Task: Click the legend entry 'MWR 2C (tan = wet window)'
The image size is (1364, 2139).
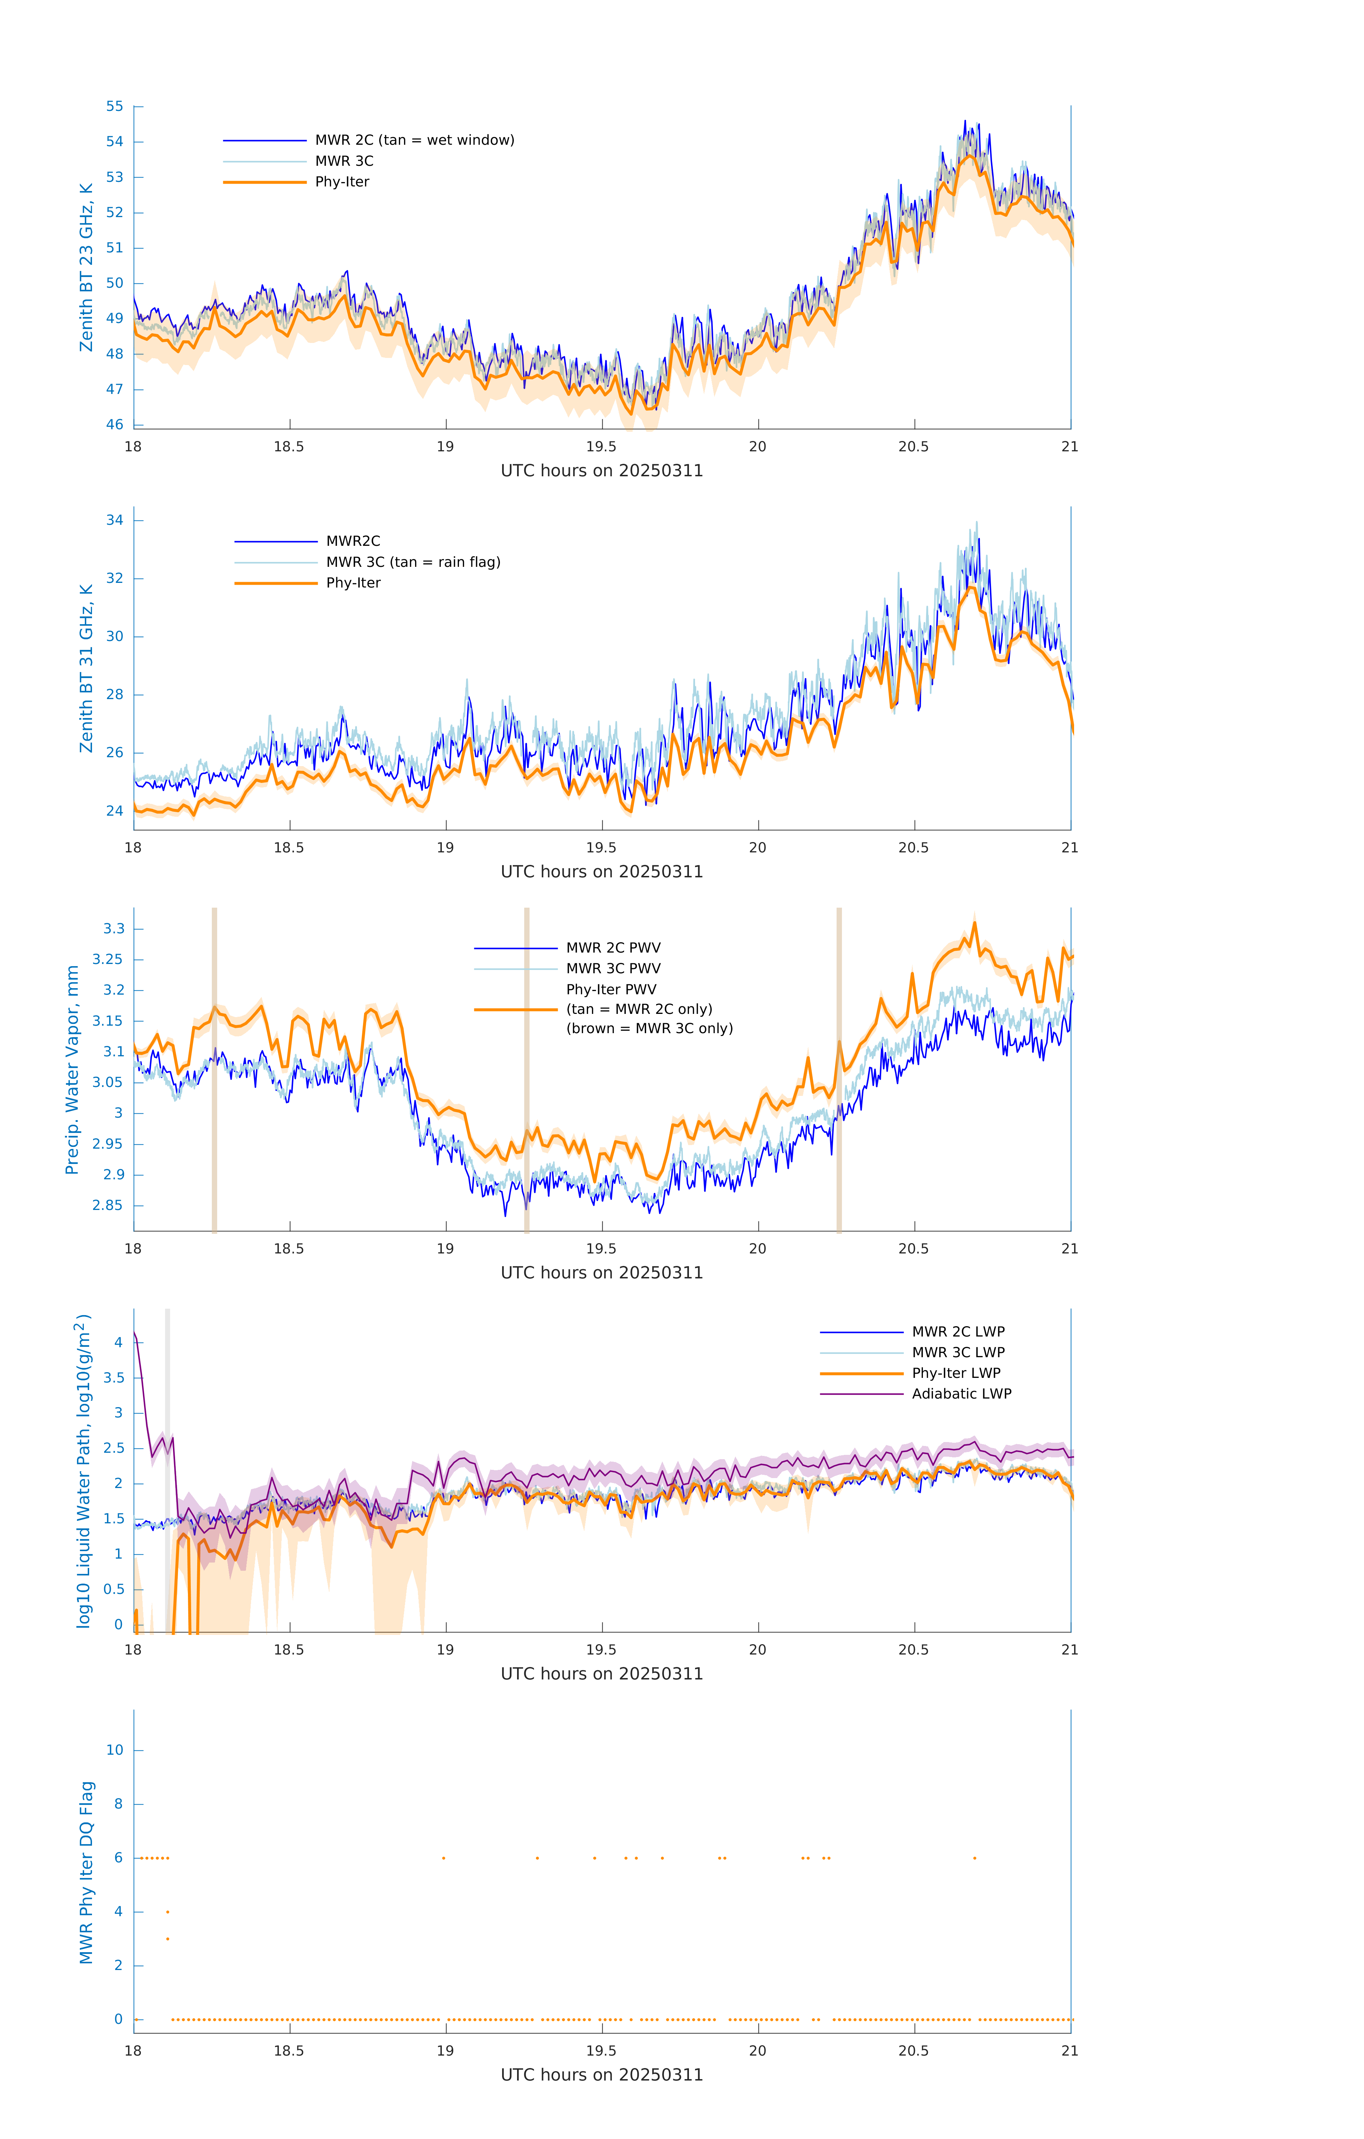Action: click(414, 140)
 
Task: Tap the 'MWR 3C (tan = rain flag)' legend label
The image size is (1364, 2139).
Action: click(413, 562)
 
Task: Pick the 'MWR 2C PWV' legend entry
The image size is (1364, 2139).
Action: click(613, 948)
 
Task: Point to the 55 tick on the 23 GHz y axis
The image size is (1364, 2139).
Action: click(114, 107)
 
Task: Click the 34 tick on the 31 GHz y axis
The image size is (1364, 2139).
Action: click(114, 520)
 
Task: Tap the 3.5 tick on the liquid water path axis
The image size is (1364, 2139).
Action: click(114, 1378)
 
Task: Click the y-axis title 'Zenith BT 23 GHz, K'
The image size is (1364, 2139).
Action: click(86, 267)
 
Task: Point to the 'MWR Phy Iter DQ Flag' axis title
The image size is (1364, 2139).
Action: click(86, 1872)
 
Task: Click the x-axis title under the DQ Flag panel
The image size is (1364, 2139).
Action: click(602, 2075)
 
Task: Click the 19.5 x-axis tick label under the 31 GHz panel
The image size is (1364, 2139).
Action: click(601, 847)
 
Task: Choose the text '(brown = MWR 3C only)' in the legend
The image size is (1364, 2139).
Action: click(650, 1029)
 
